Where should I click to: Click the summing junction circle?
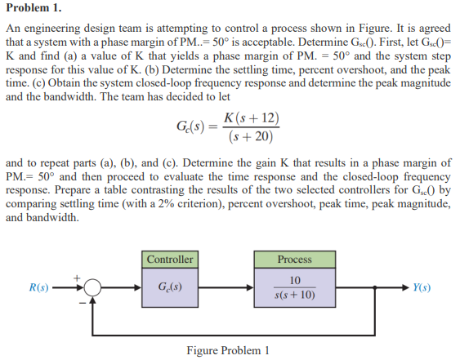coord(92,287)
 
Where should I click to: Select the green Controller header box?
coord(170,260)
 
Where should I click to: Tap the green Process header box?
coord(294,260)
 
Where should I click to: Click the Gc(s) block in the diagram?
coord(170,287)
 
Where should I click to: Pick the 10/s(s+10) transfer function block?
coord(294,287)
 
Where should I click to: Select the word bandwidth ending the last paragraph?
coord(50,218)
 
